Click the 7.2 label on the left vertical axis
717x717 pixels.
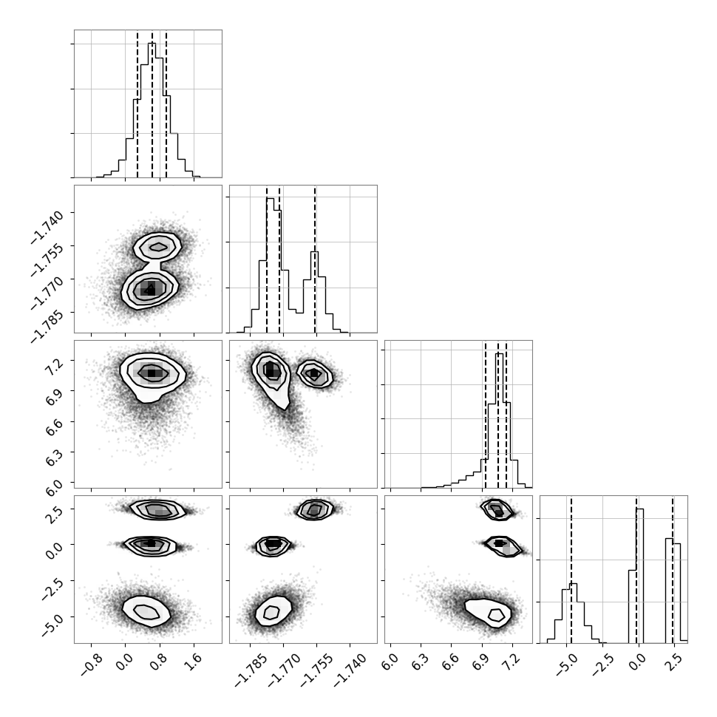[54, 367]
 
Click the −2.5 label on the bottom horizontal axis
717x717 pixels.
[600, 664]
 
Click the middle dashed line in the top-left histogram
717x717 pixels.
[152, 103]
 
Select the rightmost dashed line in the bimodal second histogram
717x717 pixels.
[315, 259]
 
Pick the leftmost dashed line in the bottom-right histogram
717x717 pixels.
[571, 569]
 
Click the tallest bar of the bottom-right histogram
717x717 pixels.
[639, 576]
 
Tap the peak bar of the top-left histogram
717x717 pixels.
[152, 110]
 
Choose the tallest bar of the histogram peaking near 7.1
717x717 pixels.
[500, 421]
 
